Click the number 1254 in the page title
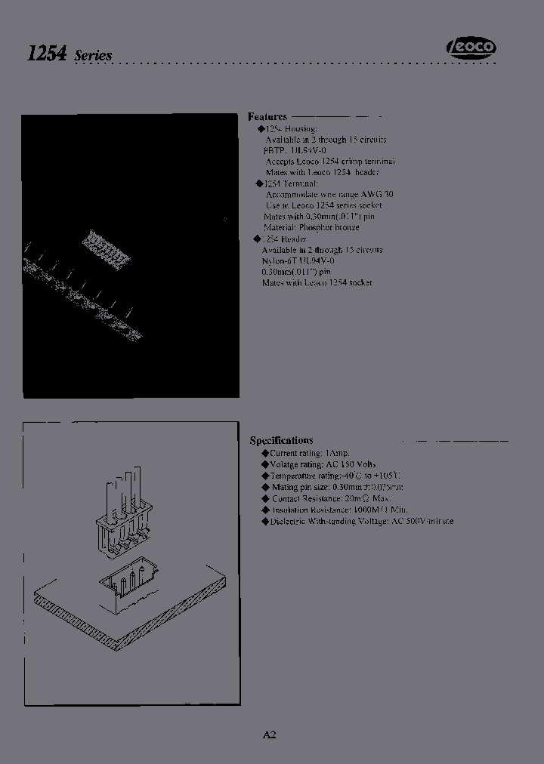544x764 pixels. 47,54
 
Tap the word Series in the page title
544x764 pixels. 94,56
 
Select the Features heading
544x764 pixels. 267,117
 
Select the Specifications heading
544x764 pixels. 281,440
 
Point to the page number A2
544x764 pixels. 270,735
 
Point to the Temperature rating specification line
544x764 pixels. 335,476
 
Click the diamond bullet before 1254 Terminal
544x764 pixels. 260,183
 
